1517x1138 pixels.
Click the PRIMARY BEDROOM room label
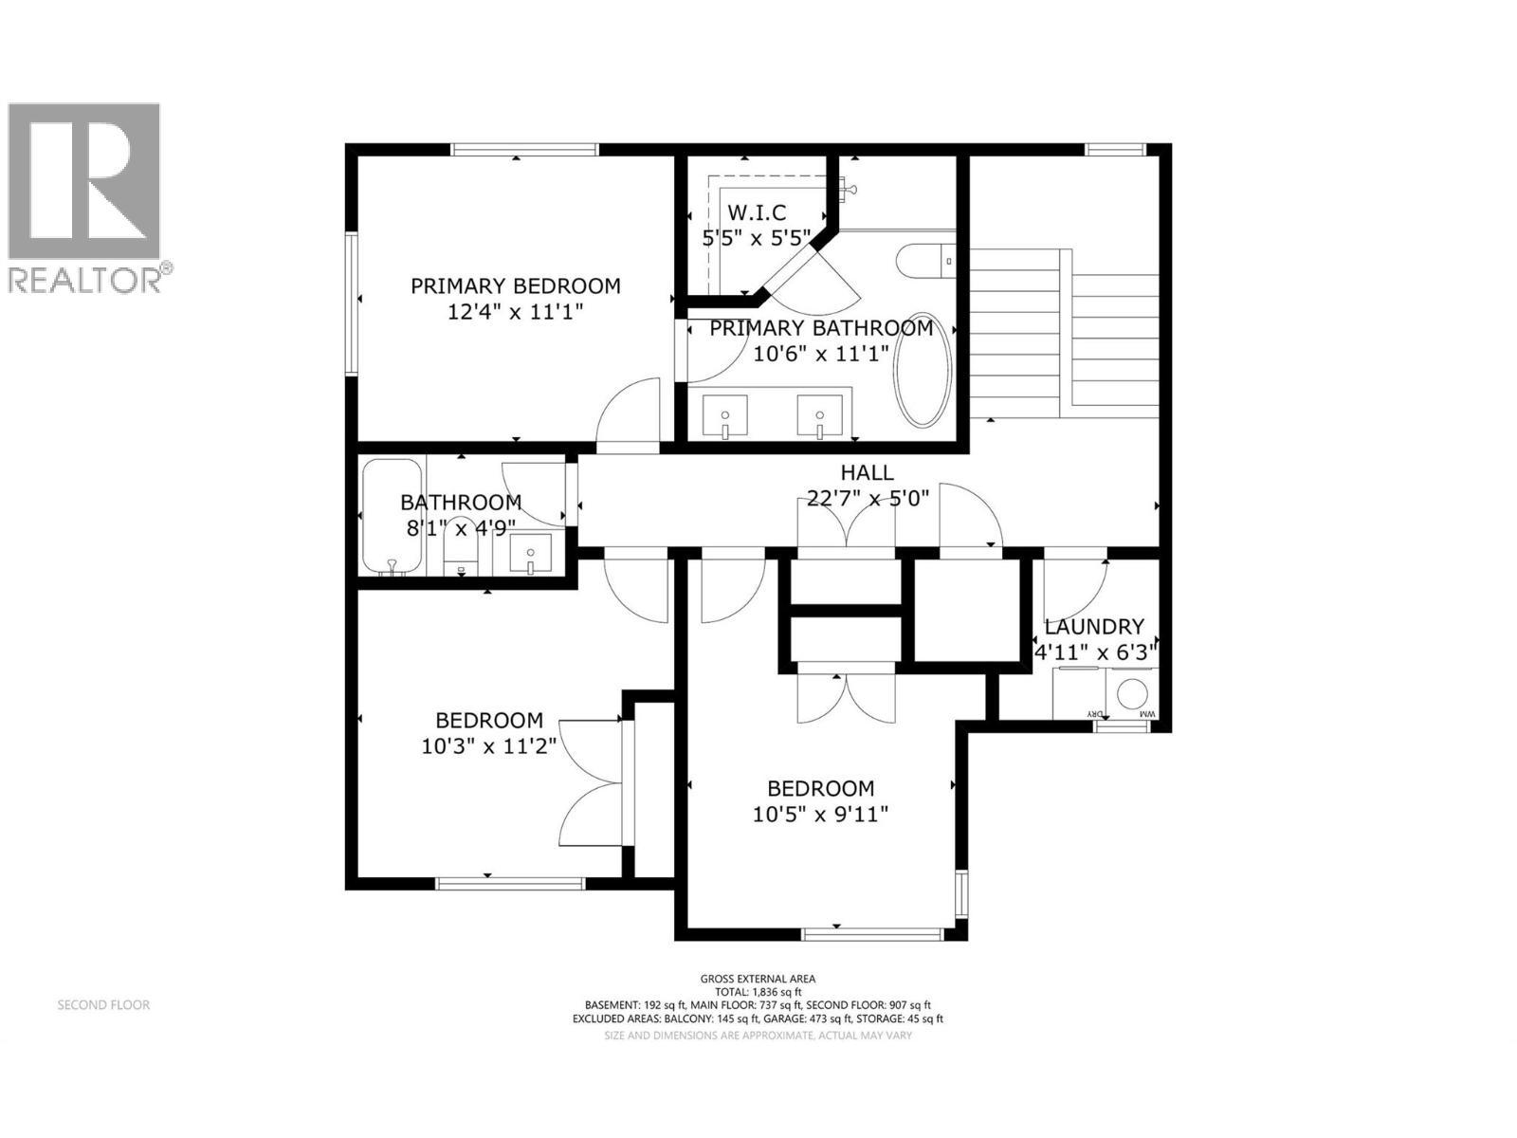click(x=515, y=285)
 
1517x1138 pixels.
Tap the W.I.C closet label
click(x=756, y=213)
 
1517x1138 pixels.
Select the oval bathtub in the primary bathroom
click(x=923, y=369)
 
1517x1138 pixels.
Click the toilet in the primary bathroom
click(x=926, y=260)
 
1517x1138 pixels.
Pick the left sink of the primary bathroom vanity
click(x=725, y=417)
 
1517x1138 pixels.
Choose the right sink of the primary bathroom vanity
click(x=820, y=417)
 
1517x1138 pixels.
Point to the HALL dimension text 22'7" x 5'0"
click(x=868, y=498)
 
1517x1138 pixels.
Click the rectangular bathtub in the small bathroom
click(x=392, y=517)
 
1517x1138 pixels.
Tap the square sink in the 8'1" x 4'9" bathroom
click(x=530, y=553)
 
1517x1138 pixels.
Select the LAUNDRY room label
click(x=1094, y=627)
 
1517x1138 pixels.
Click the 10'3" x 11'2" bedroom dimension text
click(x=489, y=746)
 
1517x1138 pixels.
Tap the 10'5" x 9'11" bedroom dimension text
click(x=820, y=814)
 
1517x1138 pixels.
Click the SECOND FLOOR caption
click(x=103, y=1005)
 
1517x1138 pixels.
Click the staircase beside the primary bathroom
click(x=1062, y=332)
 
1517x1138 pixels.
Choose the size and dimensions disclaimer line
click(x=758, y=1036)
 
